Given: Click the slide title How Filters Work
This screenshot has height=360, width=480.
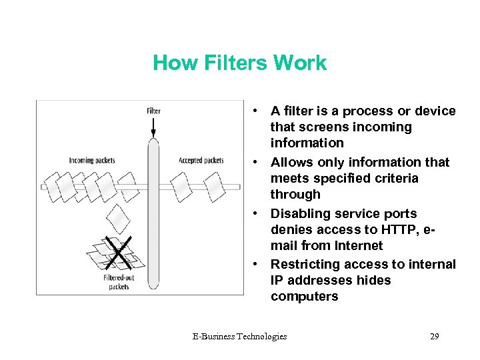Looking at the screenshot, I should click(x=239, y=63).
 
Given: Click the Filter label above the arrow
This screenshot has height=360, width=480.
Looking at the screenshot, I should click(x=153, y=111).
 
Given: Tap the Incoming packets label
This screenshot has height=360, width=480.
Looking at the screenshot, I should click(x=92, y=160).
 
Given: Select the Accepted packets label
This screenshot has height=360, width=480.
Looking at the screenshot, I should click(x=201, y=160).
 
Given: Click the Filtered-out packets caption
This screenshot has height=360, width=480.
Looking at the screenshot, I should click(x=117, y=281).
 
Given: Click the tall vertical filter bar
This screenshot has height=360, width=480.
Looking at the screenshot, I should click(x=153, y=213).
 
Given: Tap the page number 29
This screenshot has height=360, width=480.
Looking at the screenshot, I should click(x=435, y=336).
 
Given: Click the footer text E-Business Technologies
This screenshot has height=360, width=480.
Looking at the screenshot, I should click(x=239, y=336).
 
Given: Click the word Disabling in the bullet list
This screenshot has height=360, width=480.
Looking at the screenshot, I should click(x=297, y=213).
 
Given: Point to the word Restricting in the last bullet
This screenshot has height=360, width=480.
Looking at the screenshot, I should click(x=301, y=264).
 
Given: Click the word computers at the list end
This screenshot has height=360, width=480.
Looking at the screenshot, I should click(x=304, y=297).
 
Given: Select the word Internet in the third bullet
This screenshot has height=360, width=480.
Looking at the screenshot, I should click(x=359, y=245).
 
